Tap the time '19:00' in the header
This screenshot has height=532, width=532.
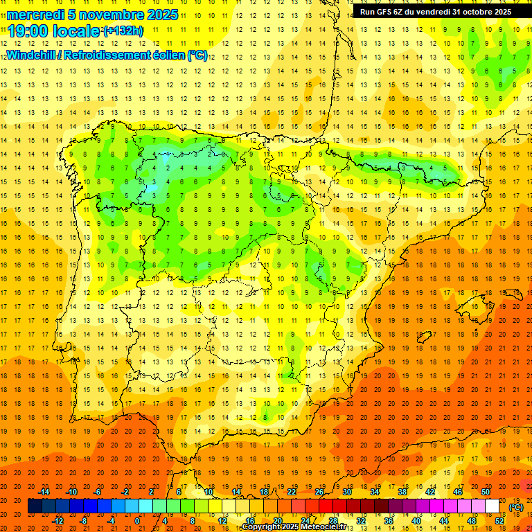(28, 31)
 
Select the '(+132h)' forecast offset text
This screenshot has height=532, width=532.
(123, 31)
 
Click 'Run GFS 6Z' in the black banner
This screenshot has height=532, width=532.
(383, 12)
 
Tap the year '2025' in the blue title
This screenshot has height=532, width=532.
(160, 15)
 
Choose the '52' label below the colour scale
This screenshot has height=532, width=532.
(499, 521)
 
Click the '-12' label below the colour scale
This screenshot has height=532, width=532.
(57, 521)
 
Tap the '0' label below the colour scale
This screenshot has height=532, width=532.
(137, 521)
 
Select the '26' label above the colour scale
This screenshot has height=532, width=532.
(319, 492)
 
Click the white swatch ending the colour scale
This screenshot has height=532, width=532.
(493, 506)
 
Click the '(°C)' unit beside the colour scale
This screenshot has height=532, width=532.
(517, 507)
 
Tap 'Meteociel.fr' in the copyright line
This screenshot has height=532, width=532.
(323, 527)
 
